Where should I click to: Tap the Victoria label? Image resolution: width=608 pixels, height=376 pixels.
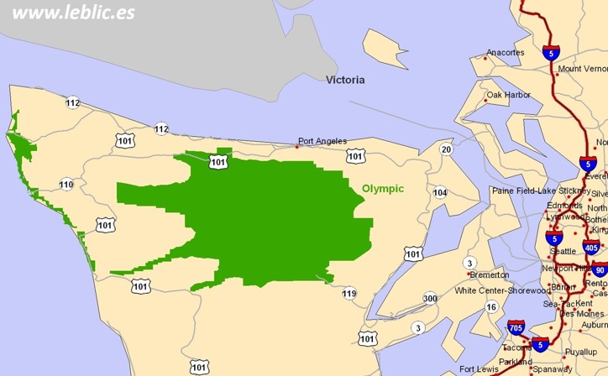(345, 81)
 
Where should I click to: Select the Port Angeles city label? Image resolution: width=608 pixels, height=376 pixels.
(322, 141)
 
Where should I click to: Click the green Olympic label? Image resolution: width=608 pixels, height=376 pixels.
(383, 189)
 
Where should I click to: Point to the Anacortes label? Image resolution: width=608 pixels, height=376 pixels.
(505, 52)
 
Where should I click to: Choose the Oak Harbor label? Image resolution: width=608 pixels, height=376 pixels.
(508, 95)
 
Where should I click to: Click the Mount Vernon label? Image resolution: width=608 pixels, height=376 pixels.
(582, 69)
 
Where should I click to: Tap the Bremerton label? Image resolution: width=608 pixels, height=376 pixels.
(489, 274)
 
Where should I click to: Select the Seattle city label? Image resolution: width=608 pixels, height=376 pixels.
(562, 251)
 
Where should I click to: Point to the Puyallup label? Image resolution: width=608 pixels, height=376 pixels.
(580, 352)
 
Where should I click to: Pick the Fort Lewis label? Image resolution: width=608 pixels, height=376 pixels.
(479, 369)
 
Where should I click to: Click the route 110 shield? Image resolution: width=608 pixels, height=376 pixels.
(66, 185)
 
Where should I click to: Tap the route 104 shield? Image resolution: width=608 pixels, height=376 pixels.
(440, 192)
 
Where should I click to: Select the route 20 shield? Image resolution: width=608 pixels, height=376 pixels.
(446, 149)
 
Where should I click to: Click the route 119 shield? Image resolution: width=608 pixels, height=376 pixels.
(349, 293)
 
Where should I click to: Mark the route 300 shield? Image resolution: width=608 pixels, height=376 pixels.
(430, 299)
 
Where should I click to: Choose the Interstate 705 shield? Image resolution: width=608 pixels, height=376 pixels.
(516, 327)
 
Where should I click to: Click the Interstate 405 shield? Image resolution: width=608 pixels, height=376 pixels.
(591, 248)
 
